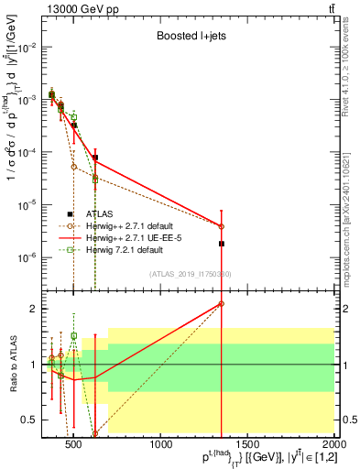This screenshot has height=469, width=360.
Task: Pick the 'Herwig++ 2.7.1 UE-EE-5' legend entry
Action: tap(140, 237)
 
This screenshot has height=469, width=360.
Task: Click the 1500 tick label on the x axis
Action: tap(248, 446)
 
